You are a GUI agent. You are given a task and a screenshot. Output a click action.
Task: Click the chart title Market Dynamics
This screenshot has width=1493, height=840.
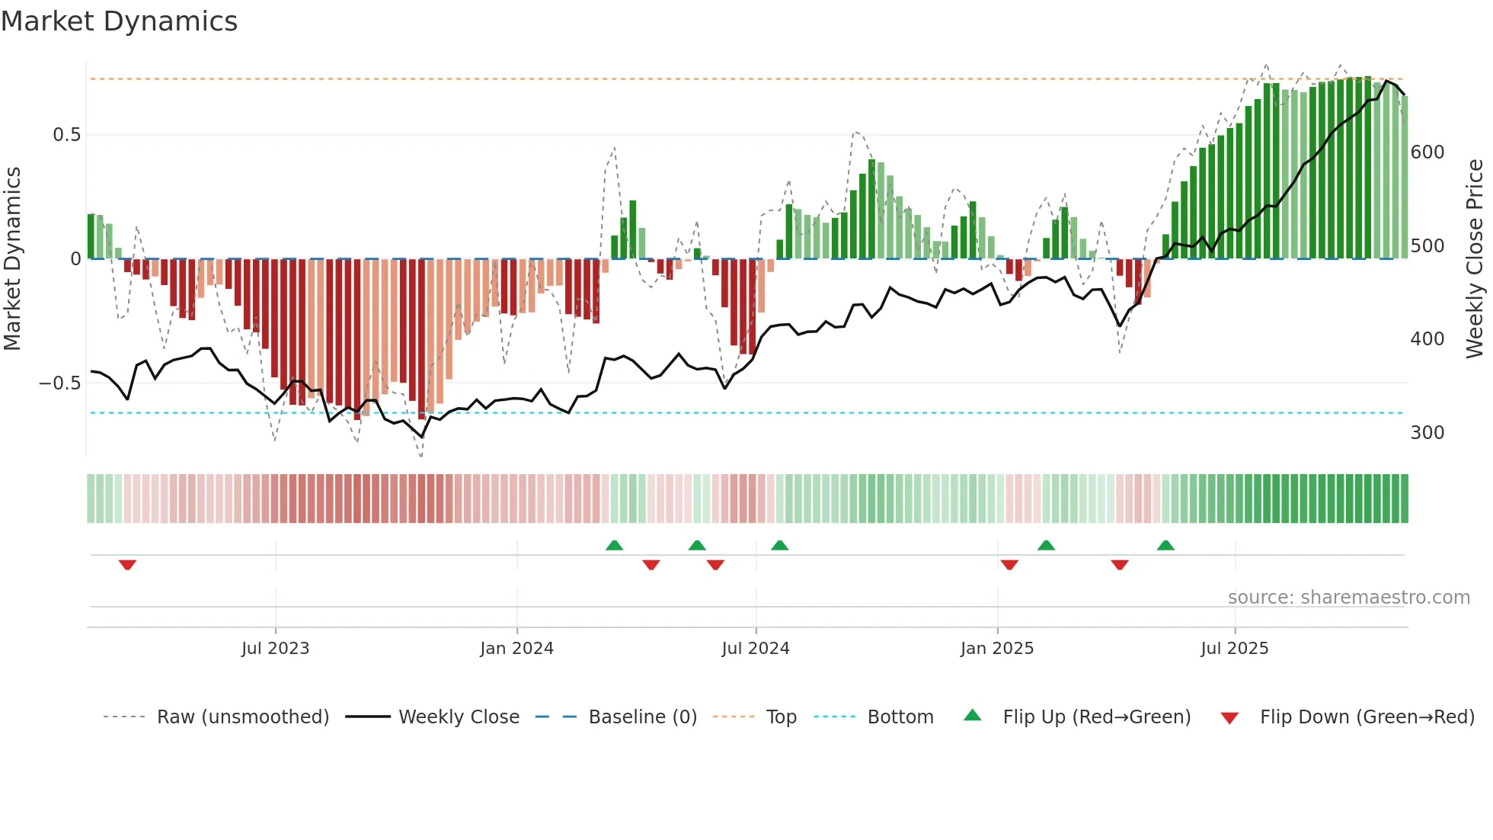pyautogui.click(x=119, y=21)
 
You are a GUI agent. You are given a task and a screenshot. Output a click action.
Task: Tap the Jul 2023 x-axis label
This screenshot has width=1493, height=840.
pyautogui.click(x=275, y=649)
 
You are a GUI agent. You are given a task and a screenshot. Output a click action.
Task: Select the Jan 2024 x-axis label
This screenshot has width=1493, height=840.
pyautogui.click(x=516, y=649)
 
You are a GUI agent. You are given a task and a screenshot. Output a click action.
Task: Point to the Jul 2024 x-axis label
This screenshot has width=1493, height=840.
pyautogui.click(x=755, y=649)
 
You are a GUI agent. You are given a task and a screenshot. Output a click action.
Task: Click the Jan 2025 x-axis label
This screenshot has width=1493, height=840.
pyautogui.click(x=996, y=649)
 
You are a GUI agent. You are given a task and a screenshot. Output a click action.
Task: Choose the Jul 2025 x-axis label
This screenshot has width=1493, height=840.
pyautogui.click(x=1234, y=649)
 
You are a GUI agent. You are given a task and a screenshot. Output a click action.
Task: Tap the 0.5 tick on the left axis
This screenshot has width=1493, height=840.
pyautogui.click(x=66, y=135)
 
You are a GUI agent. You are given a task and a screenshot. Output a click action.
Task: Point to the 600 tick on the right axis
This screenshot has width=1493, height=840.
pyautogui.click(x=1427, y=152)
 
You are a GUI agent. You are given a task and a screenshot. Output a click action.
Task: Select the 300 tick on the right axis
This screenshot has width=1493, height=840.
pyautogui.click(x=1427, y=433)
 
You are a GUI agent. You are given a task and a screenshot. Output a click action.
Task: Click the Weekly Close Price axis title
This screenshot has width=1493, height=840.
pyautogui.click(x=1475, y=259)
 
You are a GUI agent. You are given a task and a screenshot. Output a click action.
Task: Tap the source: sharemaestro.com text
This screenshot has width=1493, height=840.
pyautogui.click(x=1348, y=598)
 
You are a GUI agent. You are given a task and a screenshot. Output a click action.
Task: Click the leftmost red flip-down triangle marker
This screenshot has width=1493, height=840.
pyautogui.click(x=127, y=565)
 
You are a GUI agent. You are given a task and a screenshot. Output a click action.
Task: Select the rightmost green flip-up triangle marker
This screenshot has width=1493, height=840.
pyautogui.click(x=1165, y=545)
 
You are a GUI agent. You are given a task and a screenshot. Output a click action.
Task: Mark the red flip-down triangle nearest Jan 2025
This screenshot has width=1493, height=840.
pyautogui.click(x=1009, y=565)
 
